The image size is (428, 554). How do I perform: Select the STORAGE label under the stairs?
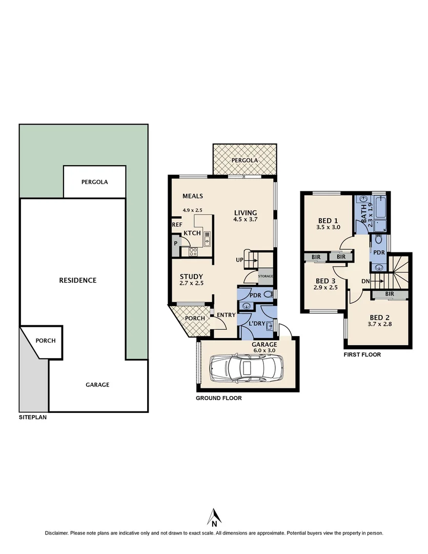point(266,276)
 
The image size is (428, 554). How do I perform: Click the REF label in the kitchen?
point(177,225)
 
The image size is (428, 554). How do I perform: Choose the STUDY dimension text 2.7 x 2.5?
point(191,283)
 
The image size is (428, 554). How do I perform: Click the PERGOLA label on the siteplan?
point(94,182)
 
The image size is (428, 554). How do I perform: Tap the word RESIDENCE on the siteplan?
point(78,280)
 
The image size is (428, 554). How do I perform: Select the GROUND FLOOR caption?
point(219,398)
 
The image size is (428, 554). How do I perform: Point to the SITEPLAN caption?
point(32,418)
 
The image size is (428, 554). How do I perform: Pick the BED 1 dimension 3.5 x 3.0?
point(328,227)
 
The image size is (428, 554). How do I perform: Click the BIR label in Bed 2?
point(389,294)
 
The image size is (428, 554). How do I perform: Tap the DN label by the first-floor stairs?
point(365,281)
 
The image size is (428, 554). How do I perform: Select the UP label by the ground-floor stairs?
point(239,260)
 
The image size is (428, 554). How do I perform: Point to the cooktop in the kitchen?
point(193,251)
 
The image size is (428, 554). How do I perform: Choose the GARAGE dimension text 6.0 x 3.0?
point(264,350)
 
